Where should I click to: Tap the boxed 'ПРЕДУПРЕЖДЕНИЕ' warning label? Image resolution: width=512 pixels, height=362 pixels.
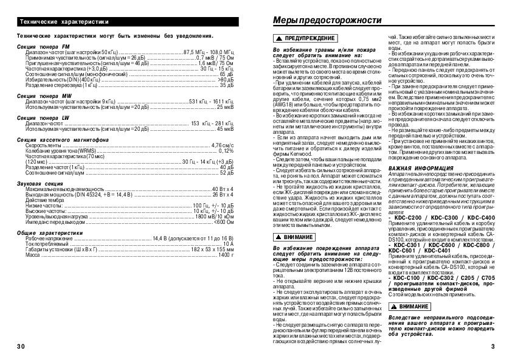(x=300, y=38)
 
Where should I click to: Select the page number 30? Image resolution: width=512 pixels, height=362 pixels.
(x=21, y=346)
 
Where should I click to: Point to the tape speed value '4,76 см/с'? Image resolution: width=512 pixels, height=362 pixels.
(x=223, y=145)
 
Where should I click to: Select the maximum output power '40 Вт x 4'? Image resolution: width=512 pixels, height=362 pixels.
(x=223, y=189)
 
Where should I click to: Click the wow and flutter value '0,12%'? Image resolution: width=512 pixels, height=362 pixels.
(x=226, y=151)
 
